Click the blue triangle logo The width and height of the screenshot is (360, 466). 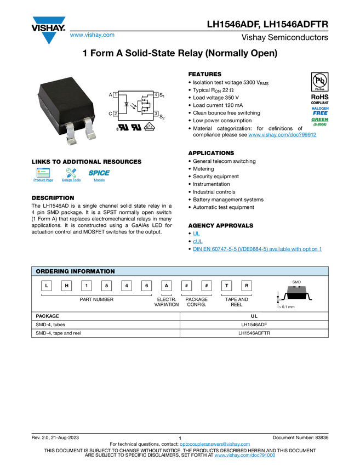(x=49, y=38)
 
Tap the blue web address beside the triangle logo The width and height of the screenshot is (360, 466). (x=92, y=36)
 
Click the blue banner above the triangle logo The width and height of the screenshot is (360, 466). (x=49, y=21)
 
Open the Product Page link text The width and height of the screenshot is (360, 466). (x=43, y=180)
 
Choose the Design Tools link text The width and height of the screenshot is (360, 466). (x=71, y=180)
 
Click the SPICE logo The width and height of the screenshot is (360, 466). (x=99, y=173)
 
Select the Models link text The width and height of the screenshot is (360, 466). (x=99, y=180)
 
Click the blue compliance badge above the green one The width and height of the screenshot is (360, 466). (x=320, y=110)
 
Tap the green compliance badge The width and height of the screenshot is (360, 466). (x=320, y=121)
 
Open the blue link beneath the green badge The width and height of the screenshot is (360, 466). (x=282, y=135)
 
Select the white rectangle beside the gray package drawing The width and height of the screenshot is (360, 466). (x=256, y=303)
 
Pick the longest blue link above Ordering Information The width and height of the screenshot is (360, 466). (x=258, y=249)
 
